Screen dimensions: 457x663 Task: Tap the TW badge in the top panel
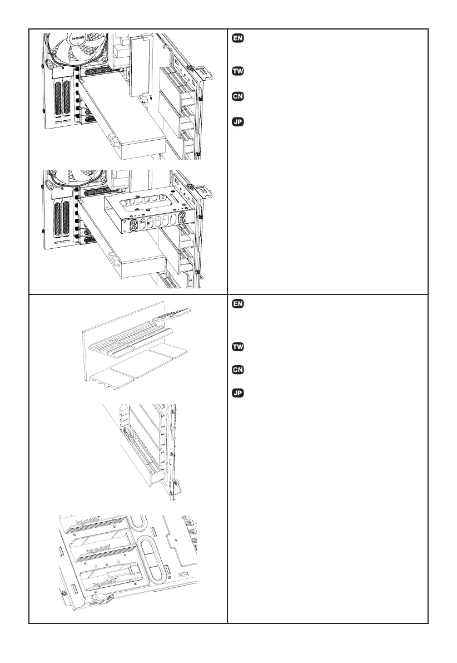[236, 72]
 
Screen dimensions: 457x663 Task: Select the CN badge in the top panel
[236, 97]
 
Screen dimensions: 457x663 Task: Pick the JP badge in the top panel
[236, 122]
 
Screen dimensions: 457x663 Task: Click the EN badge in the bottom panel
[236, 305]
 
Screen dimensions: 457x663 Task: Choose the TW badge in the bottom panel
[236, 347]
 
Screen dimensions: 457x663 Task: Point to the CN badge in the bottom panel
[236, 370]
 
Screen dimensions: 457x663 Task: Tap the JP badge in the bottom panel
[236, 394]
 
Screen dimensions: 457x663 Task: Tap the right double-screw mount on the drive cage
[182, 218]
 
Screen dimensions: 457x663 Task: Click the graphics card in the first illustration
[128, 120]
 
